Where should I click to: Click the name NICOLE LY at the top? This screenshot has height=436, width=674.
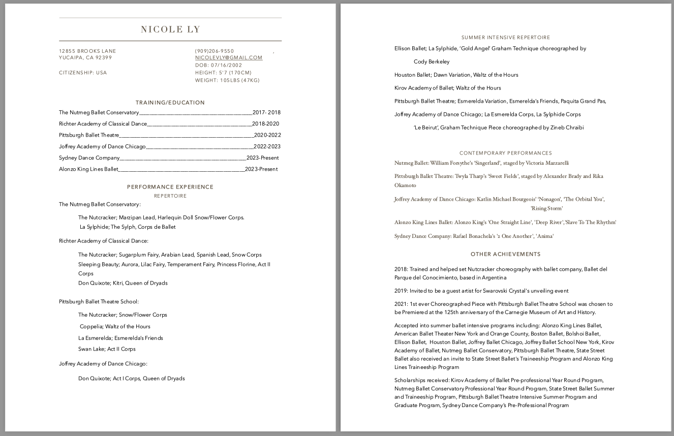(x=170, y=29)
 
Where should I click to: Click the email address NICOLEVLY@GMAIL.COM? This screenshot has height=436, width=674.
(x=229, y=58)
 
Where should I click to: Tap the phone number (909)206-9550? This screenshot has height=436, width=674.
(x=215, y=51)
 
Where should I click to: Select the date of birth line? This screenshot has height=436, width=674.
(x=219, y=66)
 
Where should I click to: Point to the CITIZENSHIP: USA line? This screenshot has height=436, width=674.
(x=83, y=73)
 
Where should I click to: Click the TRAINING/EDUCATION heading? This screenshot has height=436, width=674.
(x=170, y=103)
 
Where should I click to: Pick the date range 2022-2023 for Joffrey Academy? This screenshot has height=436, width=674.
(x=267, y=146)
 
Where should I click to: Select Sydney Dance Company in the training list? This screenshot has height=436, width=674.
(x=89, y=158)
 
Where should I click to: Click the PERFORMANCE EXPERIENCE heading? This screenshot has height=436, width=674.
(x=170, y=187)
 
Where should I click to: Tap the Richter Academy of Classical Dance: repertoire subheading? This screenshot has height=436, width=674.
(x=104, y=241)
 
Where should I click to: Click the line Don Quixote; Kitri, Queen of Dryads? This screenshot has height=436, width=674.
(x=122, y=283)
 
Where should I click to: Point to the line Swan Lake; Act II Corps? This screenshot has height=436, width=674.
(x=107, y=349)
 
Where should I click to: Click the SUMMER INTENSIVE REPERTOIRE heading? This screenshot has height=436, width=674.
(x=506, y=38)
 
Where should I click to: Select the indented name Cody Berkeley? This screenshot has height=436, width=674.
(x=432, y=61)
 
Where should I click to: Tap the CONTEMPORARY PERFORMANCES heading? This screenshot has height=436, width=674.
(x=506, y=153)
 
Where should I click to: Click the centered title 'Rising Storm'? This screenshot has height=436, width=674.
(x=546, y=208)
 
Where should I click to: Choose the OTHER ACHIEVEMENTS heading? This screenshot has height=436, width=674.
(x=506, y=254)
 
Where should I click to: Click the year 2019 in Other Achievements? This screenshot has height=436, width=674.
(x=401, y=291)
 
